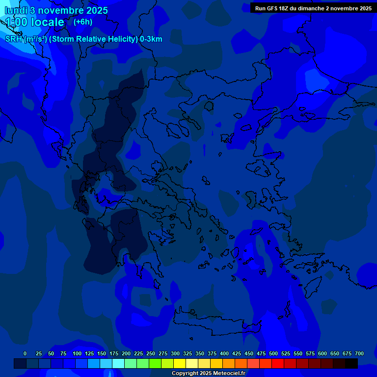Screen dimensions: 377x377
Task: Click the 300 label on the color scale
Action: pos(175,353)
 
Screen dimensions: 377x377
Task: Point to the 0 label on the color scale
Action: pos(25,353)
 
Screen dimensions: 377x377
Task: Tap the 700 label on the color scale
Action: pos(359,353)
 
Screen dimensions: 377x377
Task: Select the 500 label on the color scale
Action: pos(273,353)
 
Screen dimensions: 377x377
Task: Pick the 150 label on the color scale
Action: pos(102,353)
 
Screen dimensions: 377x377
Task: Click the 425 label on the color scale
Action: pos(237,353)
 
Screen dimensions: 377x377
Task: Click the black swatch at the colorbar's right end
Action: pos(351,363)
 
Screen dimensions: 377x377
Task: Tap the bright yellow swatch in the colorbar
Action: pos(180,363)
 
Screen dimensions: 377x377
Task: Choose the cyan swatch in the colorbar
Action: pos(118,363)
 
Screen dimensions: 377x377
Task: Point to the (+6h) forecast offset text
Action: pos(83,22)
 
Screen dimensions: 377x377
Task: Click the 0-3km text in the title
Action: pos(151,39)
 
